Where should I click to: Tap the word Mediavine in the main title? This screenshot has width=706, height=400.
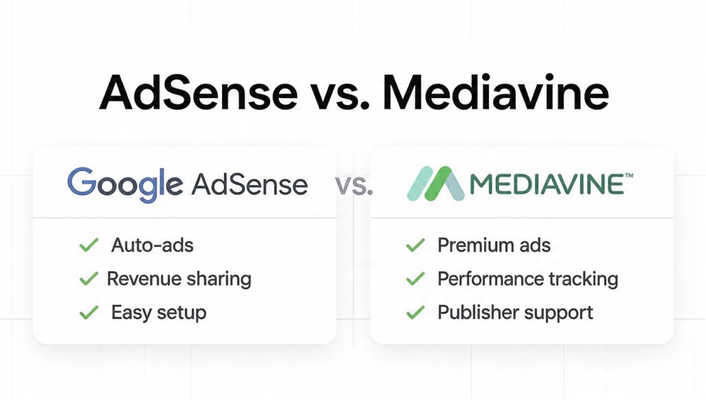point(494,94)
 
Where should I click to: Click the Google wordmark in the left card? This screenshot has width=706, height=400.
point(125,183)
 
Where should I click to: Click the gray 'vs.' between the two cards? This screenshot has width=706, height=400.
point(353,186)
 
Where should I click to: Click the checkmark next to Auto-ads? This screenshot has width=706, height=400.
point(88,245)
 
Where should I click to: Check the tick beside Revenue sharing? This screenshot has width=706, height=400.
point(88,279)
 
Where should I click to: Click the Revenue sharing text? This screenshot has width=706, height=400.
point(179,279)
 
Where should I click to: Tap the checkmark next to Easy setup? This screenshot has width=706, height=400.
point(88,312)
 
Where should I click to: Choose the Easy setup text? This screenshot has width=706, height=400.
point(159,312)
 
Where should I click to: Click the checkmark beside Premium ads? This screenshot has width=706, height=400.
point(415,245)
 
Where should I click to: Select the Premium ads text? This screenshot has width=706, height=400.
point(494,245)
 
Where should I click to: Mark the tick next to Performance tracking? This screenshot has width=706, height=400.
point(415,279)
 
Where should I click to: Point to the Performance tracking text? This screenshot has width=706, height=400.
point(527,279)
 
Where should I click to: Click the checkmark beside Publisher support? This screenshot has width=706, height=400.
point(415,312)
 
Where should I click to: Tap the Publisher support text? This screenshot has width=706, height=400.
point(515,312)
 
